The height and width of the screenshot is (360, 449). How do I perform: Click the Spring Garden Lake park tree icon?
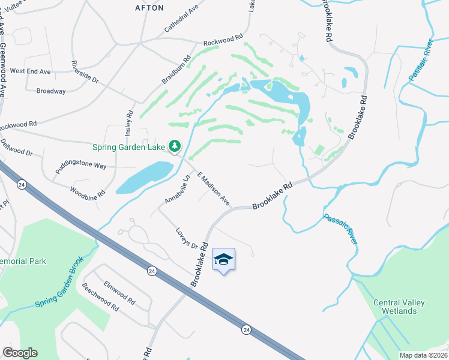[175, 146]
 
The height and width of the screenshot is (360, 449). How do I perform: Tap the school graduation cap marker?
[223, 259]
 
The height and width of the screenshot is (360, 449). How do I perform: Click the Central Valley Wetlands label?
[394, 307]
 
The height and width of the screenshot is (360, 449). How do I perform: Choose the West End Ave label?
[30, 71]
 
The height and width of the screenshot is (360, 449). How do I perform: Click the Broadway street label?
[51, 91]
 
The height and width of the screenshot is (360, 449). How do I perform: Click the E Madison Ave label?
[213, 188]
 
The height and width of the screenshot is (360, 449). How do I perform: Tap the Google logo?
[20, 353]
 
